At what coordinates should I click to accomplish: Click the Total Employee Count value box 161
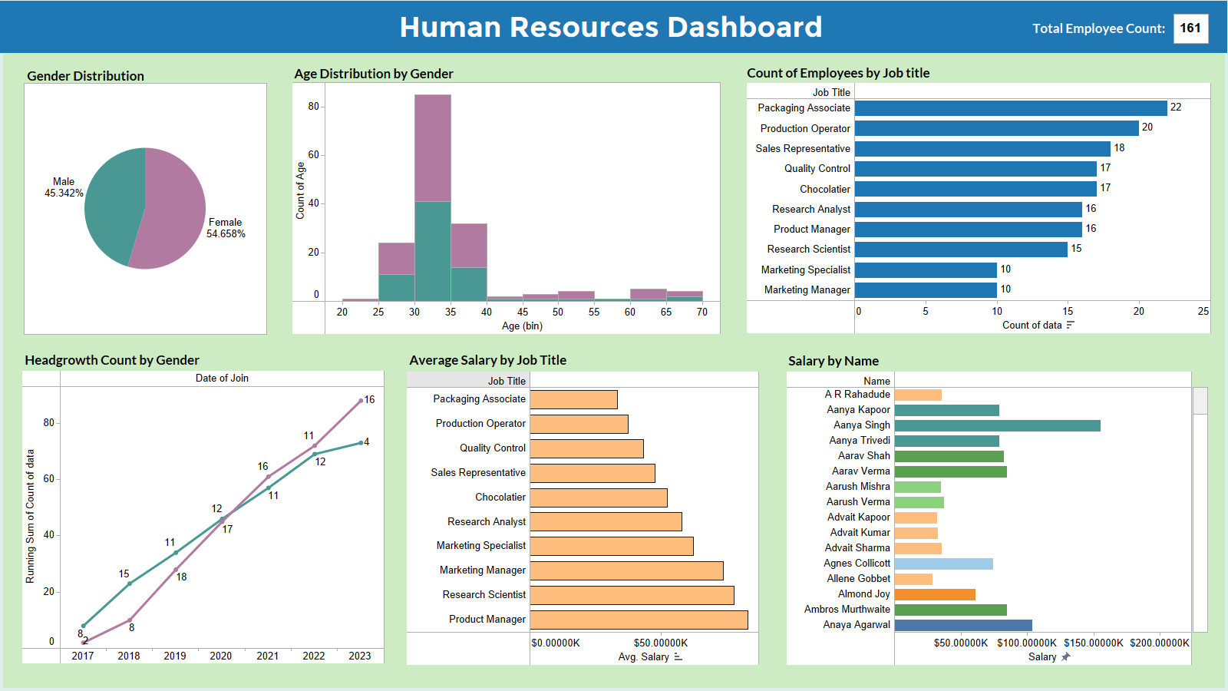click(x=1190, y=28)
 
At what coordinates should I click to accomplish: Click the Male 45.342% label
click(x=64, y=187)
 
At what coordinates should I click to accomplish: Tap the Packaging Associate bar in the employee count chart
click(x=1010, y=108)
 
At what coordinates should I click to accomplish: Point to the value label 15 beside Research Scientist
click(x=1076, y=249)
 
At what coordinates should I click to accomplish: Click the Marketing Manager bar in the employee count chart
click(x=926, y=290)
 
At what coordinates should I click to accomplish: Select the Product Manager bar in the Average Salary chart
click(x=639, y=620)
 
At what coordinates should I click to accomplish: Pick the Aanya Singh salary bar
click(x=997, y=425)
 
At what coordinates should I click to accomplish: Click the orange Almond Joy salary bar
click(x=935, y=594)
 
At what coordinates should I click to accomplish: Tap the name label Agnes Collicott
click(x=857, y=564)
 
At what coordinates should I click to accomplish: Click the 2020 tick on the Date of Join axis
click(x=221, y=656)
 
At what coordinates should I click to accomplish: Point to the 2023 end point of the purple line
click(x=361, y=401)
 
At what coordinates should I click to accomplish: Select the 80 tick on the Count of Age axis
click(x=313, y=107)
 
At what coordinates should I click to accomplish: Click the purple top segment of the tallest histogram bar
click(x=433, y=147)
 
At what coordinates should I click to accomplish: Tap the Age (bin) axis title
click(x=522, y=326)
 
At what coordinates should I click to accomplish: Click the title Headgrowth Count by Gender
click(x=112, y=360)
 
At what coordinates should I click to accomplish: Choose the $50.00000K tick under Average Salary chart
click(x=660, y=643)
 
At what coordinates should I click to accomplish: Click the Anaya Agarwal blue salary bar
click(x=963, y=625)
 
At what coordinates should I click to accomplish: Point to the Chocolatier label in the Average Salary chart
click(x=500, y=498)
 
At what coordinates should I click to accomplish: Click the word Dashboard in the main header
click(x=744, y=28)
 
